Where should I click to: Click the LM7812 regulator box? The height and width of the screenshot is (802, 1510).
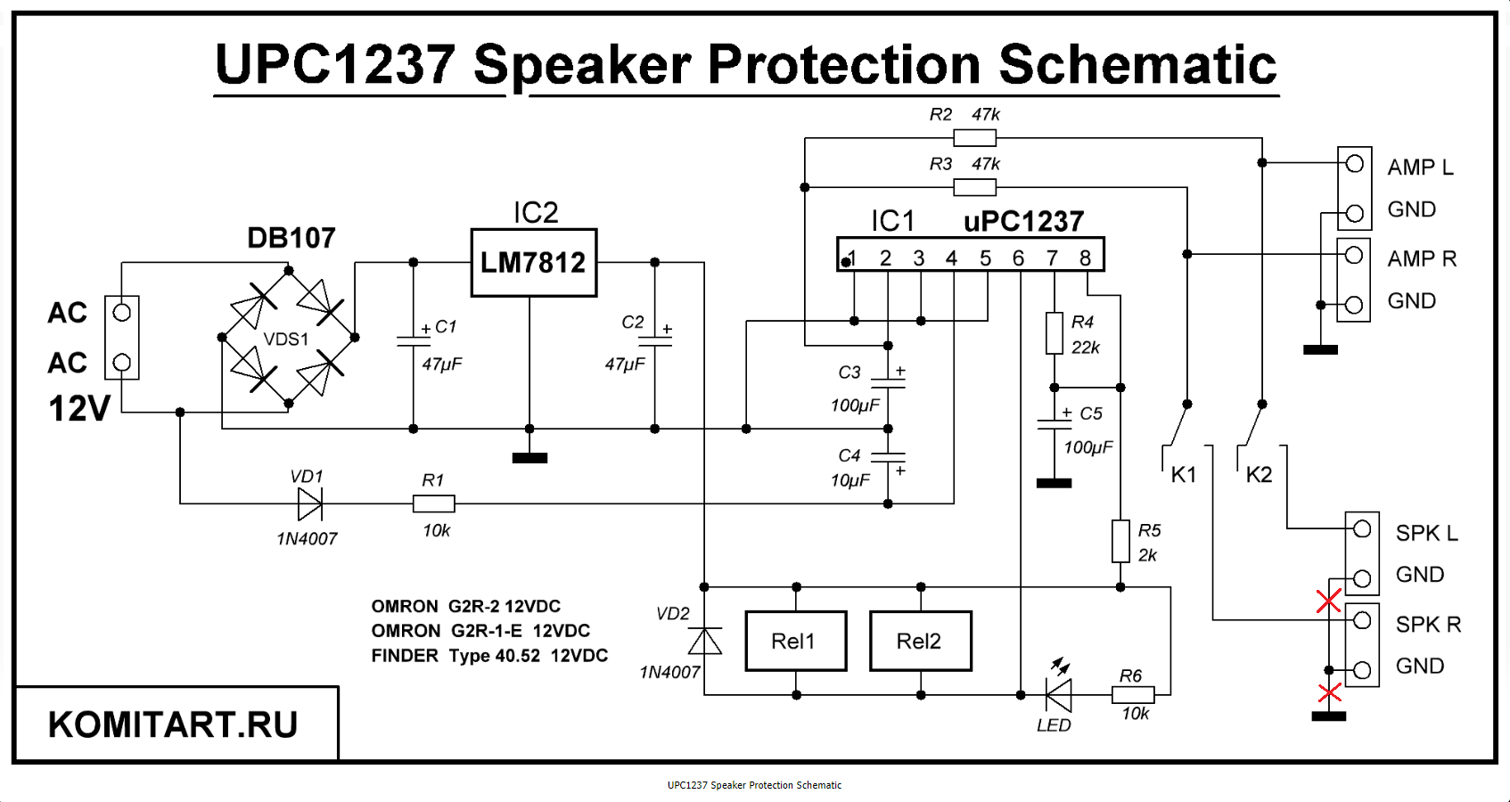coord(533,263)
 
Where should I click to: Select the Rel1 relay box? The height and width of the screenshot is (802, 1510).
coord(795,641)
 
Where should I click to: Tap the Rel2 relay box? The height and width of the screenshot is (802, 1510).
coord(920,641)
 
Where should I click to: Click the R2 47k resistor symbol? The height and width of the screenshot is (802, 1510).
coord(974,138)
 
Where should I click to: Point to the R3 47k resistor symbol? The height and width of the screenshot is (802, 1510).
coord(974,187)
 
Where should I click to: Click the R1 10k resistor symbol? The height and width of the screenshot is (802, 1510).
coord(434,503)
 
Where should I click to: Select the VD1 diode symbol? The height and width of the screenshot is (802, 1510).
coord(309,503)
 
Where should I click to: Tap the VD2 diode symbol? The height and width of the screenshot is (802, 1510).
coord(705,641)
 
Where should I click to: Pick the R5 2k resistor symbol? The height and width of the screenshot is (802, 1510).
coord(1120,541)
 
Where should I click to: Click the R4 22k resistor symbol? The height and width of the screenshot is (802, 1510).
coord(1055,333)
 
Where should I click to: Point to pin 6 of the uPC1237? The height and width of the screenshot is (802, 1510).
coord(1018,258)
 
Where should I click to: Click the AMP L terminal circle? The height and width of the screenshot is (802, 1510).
coord(1354,164)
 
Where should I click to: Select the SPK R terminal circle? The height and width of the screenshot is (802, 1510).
coord(1361,620)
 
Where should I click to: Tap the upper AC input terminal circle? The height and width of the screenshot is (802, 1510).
coord(122,313)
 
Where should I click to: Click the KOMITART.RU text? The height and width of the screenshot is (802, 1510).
coord(173,724)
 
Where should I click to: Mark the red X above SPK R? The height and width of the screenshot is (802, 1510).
coord(1328,601)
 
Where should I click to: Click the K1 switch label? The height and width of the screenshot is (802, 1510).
coord(1184,475)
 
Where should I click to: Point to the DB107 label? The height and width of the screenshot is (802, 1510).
coord(291,238)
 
